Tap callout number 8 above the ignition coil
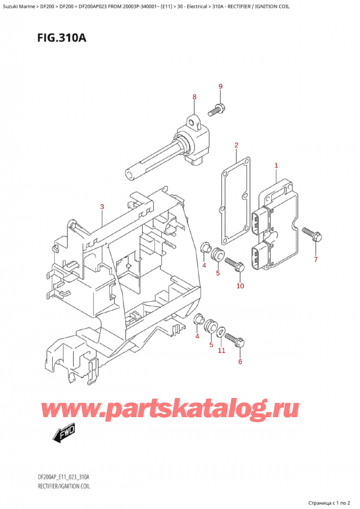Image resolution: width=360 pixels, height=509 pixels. pyautogui.click(x=194, y=97)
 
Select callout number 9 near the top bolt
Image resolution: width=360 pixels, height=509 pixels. pyautogui.click(x=220, y=86)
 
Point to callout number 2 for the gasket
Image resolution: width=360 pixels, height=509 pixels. pyautogui.click(x=236, y=145)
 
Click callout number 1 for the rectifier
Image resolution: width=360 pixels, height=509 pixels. pyautogui.click(x=276, y=165)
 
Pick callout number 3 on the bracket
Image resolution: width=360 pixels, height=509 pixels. pyautogui.click(x=102, y=207)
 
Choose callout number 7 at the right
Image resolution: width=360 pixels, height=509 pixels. pyautogui.click(x=316, y=259)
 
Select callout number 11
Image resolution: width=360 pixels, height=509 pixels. pyautogui.click(x=221, y=351)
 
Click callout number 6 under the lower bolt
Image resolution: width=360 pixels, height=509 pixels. pyautogui.click(x=240, y=361)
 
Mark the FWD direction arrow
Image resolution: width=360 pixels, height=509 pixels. pyautogui.click(x=62, y=434)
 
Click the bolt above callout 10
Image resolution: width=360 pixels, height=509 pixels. pyautogui.click(x=235, y=264)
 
